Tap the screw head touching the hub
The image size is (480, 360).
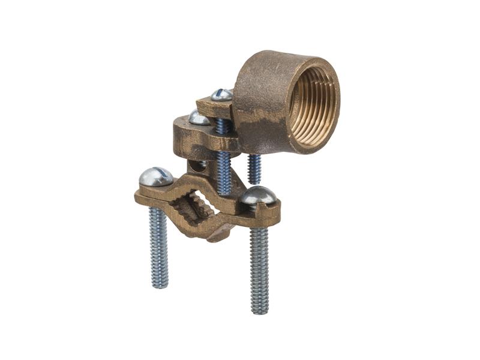coord(222,94)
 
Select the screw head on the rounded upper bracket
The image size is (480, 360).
coord(200,118)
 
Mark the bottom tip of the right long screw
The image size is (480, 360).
coord(260,311)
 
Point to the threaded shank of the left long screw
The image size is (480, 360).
coord(158,246)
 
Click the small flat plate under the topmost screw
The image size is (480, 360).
coord(214,108)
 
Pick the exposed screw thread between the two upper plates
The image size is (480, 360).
coord(223,125)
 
